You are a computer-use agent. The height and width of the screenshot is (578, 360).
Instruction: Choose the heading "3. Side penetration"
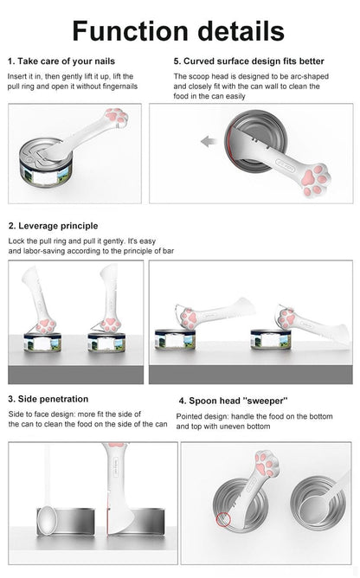[48, 400]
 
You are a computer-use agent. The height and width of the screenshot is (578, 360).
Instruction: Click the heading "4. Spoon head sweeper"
[234, 401]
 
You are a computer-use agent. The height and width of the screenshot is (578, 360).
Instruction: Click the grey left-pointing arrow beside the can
[209, 140]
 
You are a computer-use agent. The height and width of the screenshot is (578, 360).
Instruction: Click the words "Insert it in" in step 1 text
[26, 75]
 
